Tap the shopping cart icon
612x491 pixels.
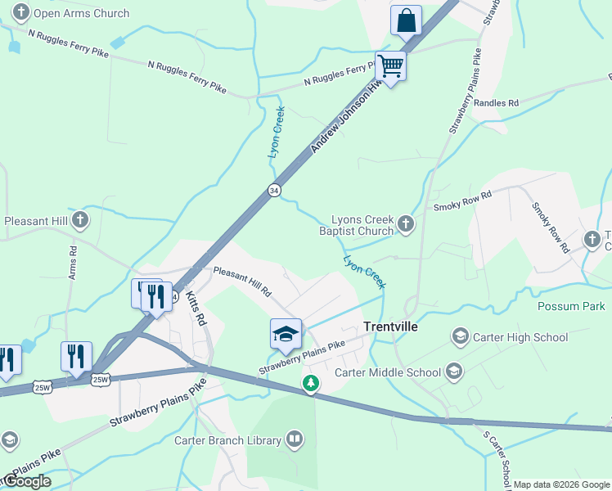pyautogui.click(x=391, y=66)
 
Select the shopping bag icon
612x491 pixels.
pyautogui.click(x=406, y=20)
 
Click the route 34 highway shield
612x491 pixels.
pyautogui.click(x=274, y=191)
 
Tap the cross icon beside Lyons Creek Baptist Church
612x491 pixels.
pyautogui.click(x=405, y=224)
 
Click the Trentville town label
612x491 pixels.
pyautogui.click(x=390, y=327)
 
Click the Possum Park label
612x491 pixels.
pyautogui.click(x=570, y=306)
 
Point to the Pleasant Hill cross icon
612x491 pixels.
pyautogui.click(x=79, y=220)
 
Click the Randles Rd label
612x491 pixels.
pyautogui.click(x=496, y=103)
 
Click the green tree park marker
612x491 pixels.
pyautogui.click(x=310, y=383)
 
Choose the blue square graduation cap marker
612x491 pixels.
pyautogui.click(x=286, y=334)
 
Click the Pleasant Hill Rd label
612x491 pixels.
pyautogui.click(x=242, y=280)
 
